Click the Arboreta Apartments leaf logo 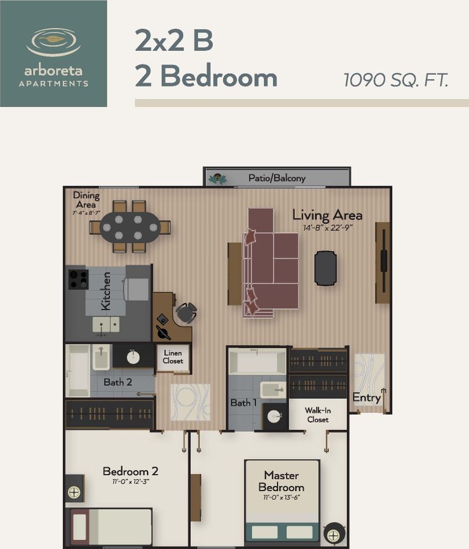click(x=54, y=42)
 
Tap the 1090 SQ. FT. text click(x=396, y=80)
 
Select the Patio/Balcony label click(x=276, y=178)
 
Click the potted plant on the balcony click(x=217, y=179)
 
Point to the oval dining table click(x=130, y=228)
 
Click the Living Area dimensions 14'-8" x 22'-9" click(x=327, y=228)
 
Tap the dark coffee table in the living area click(x=326, y=268)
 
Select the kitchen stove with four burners click(x=78, y=279)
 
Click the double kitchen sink click(x=106, y=325)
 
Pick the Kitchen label click(x=105, y=291)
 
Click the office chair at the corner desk click(x=186, y=313)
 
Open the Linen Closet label click(x=173, y=357)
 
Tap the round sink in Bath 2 click(x=133, y=357)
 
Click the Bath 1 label click(x=243, y=403)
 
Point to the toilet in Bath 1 click(x=273, y=390)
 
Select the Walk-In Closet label click(x=317, y=415)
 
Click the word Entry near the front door click(x=367, y=398)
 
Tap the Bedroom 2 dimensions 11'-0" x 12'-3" click(x=131, y=482)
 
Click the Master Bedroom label click(x=281, y=481)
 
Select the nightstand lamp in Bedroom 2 click(x=74, y=492)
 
